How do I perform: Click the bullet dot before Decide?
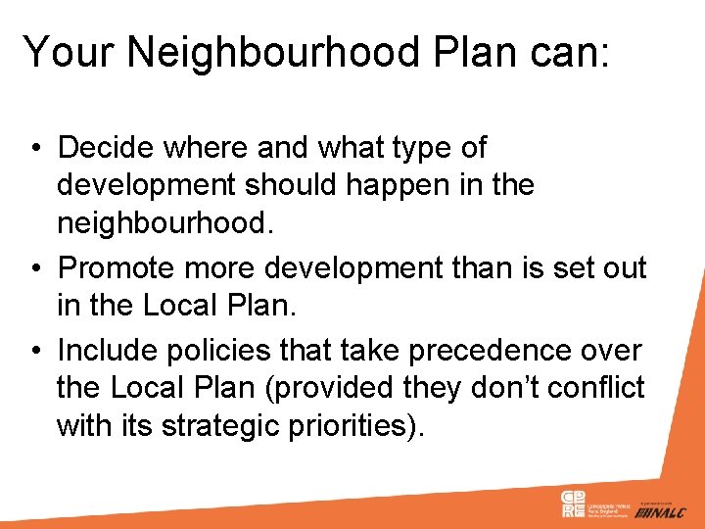[34, 150]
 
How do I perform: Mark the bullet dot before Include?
[34, 350]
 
